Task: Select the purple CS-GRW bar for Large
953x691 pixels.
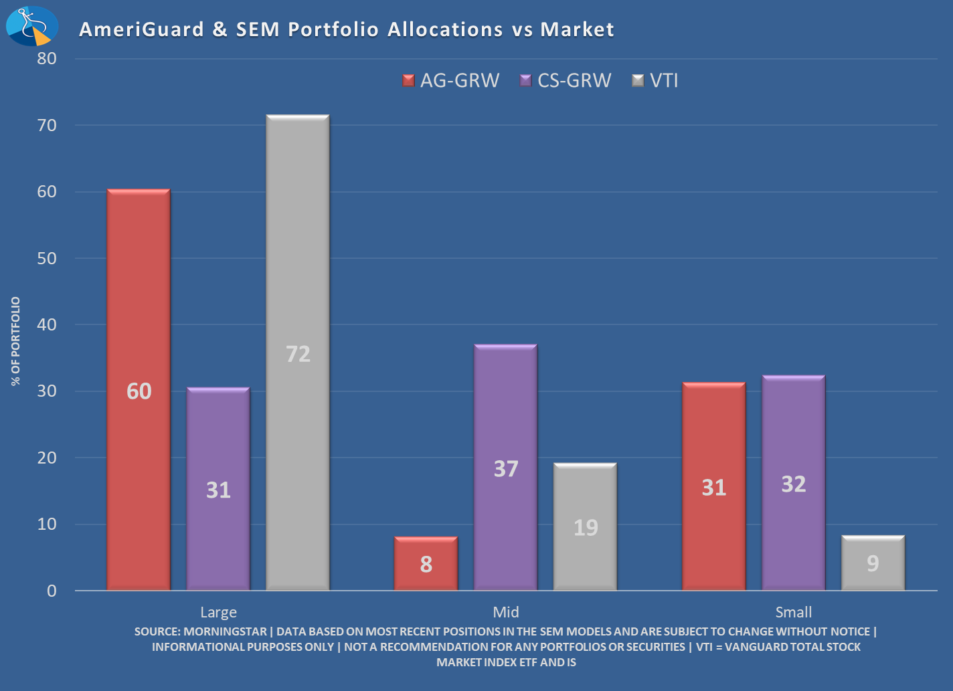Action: pyautogui.click(x=218, y=488)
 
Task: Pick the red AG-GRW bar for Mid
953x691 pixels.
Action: pyautogui.click(x=426, y=563)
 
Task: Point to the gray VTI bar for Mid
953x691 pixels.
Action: pyautogui.click(x=585, y=526)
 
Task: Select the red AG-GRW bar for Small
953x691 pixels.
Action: pyautogui.click(x=713, y=486)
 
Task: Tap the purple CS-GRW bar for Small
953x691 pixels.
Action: pyautogui.click(x=793, y=482)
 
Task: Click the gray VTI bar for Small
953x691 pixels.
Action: pyautogui.click(x=873, y=563)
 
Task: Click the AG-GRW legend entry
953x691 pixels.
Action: pyautogui.click(x=452, y=81)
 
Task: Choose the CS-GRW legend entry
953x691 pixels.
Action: pyautogui.click(x=566, y=81)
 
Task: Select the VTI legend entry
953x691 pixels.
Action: pyautogui.click(x=656, y=81)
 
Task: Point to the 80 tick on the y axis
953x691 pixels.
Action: pyautogui.click(x=47, y=58)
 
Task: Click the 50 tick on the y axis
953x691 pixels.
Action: pyautogui.click(x=47, y=258)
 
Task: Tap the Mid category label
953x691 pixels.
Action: pyautogui.click(x=505, y=612)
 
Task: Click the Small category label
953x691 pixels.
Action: pyautogui.click(x=793, y=612)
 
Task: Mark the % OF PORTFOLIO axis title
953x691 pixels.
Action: pyautogui.click(x=15, y=341)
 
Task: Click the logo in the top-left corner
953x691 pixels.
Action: pyautogui.click(x=31, y=26)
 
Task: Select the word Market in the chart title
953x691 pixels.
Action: pyautogui.click(x=577, y=29)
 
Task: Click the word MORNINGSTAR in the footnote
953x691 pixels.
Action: pyautogui.click(x=225, y=631)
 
